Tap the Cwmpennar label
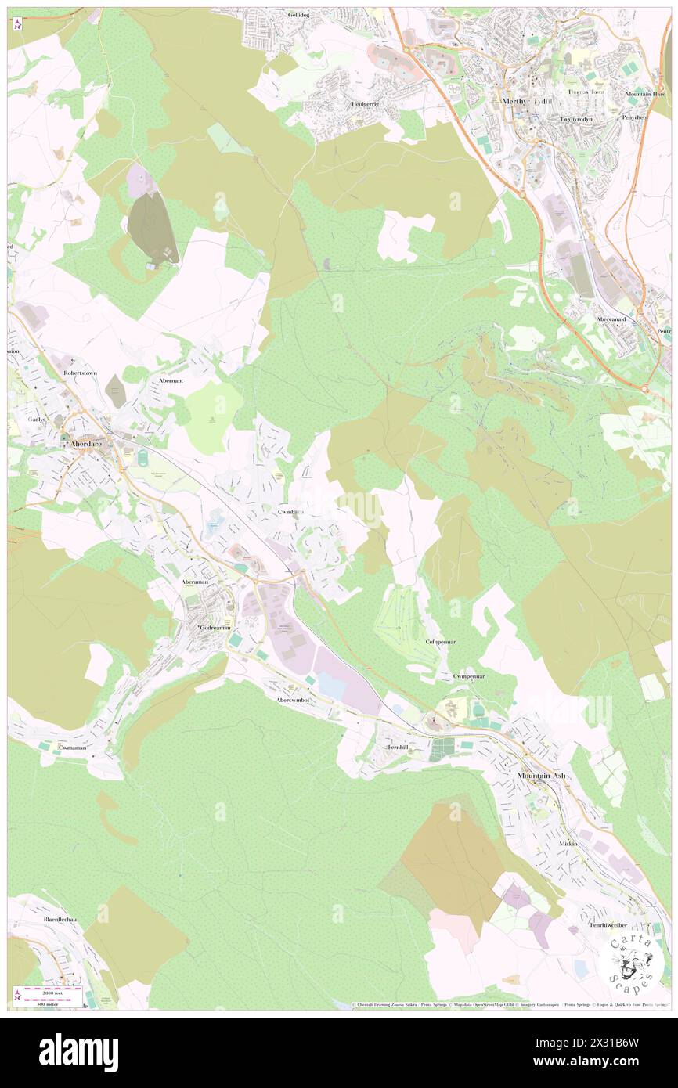click(x=469, y=675)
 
